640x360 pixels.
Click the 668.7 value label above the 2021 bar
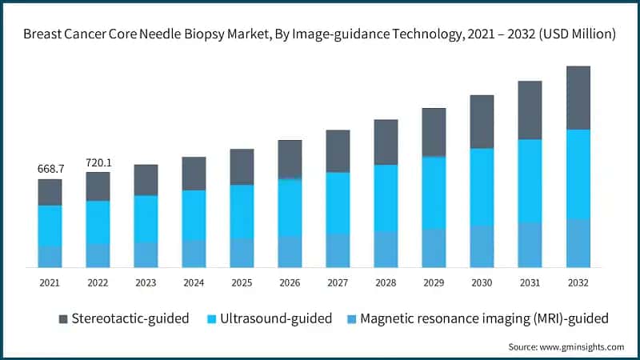point(50,170)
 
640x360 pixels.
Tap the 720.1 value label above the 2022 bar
point(98,163)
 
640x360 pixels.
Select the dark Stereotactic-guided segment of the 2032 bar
point(578,98)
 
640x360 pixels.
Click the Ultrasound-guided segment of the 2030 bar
point(482,186)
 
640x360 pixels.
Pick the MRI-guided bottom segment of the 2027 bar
point(338,250)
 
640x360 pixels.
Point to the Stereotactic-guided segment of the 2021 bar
point(50,192)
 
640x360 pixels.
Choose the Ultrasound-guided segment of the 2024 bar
point(194,214)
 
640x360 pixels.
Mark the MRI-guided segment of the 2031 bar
point(530,245)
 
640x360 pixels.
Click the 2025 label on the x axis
point(242,282)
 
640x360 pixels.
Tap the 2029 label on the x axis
point(434,282)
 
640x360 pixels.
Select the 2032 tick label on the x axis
point(578,282)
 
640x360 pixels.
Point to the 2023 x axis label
point(146,282)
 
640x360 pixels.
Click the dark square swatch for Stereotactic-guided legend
point(62,319)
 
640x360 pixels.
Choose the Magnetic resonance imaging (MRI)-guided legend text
point(484,318)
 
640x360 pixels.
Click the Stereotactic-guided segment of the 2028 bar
point(386,142)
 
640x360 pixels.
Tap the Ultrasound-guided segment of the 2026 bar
point(290,206)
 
